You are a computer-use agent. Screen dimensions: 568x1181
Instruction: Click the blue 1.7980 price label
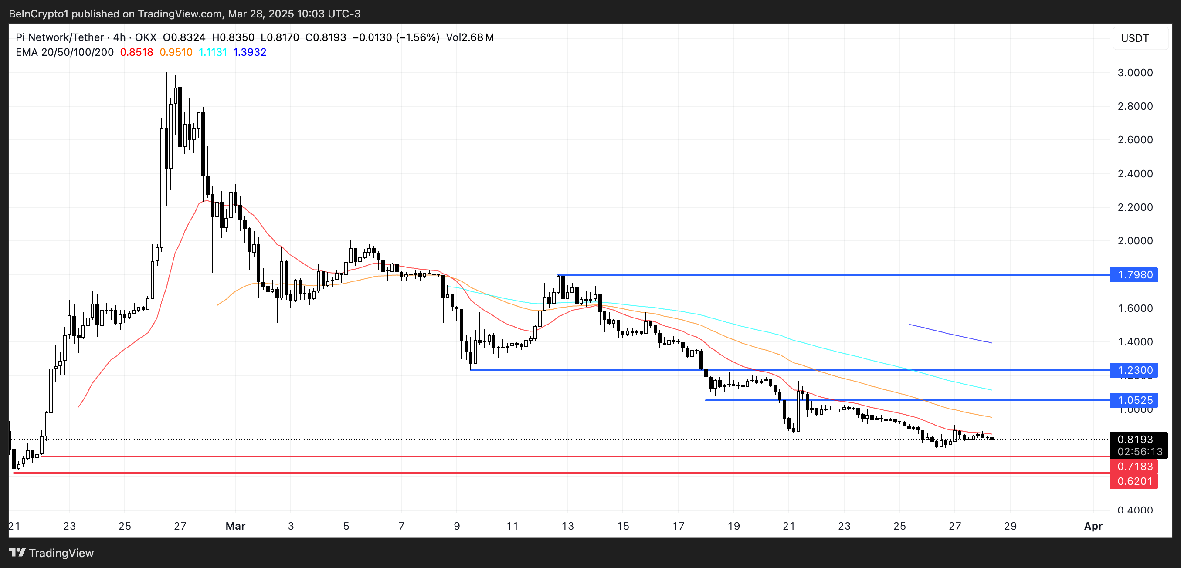tap(1134, 275)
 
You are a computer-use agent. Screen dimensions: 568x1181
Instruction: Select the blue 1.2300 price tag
tap(1134, 370)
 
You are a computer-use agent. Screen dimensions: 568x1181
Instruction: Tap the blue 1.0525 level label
tap(1134, 400)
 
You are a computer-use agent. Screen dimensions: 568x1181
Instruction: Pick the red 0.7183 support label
tap(1134, 467)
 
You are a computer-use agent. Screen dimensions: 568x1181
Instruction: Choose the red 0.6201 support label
tap(1134, 481)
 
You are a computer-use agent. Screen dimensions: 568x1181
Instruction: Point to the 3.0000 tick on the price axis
tap(1135, 72)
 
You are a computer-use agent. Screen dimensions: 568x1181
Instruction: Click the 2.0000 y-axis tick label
tap(1135, 241)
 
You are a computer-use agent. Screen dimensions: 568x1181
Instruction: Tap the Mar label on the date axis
tap(235, 526)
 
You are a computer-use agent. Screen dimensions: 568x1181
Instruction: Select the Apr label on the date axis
tap(1093, 526)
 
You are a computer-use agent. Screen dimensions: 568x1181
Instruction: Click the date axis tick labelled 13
tap(567, 526)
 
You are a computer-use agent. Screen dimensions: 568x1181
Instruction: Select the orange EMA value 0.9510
tap(176, 52)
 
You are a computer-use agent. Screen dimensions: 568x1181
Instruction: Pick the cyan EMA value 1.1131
tap(213, 52)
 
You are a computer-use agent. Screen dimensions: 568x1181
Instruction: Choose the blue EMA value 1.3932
tap(250, 52)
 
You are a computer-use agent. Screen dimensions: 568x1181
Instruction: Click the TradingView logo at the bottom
tap(51, 553)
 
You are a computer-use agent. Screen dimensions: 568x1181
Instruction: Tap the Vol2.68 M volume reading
tap(470, 37)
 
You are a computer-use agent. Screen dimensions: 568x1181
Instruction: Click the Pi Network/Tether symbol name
tap(60, 37)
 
